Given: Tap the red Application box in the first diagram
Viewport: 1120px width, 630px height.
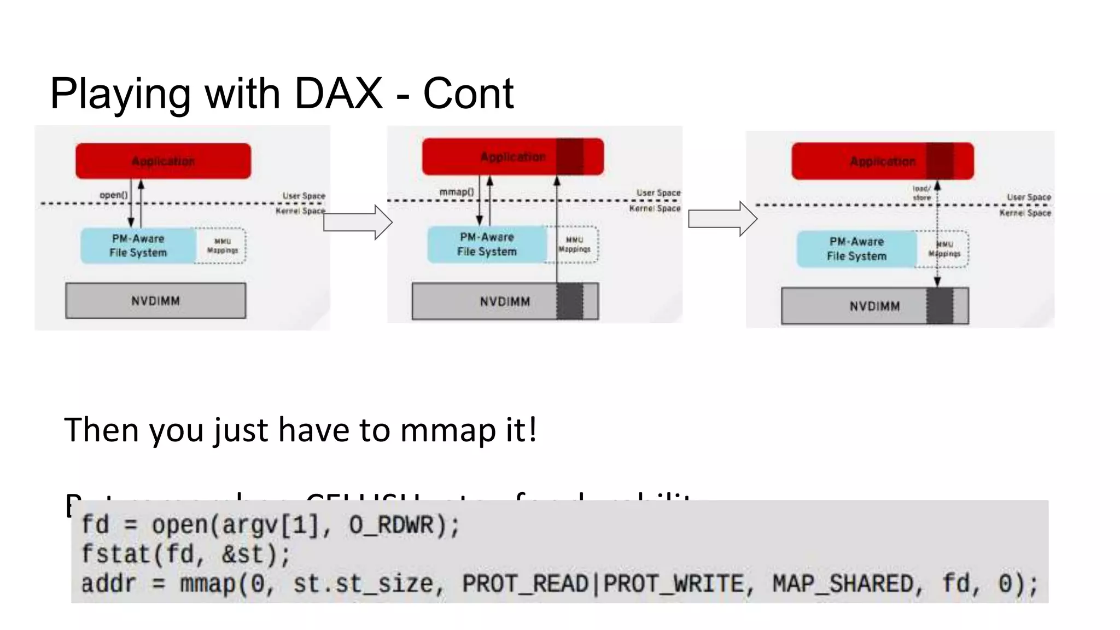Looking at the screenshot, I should (163, 161).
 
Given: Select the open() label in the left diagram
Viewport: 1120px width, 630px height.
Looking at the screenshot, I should (113, 195).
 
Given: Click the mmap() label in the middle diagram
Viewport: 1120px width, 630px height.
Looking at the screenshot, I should (457, 191).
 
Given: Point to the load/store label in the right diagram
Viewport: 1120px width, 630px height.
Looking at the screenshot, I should (921, 193).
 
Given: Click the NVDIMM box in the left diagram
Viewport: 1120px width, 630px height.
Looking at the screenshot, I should (155, 301).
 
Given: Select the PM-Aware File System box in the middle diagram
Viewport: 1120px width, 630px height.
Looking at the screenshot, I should (486, 244).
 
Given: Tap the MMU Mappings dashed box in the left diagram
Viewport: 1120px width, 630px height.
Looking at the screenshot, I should (222, 246).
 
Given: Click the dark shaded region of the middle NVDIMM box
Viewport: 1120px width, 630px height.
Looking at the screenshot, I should (569, 301).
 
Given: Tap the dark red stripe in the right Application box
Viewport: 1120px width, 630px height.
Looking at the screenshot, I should (940, 161).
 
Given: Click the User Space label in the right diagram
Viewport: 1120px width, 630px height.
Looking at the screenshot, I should (1029, 197).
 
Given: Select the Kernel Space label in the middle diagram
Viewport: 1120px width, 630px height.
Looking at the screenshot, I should (655, 208).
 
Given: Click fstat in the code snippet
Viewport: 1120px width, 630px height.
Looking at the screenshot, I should (115, 555).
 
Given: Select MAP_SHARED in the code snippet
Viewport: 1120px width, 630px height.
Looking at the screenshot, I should (843, 584).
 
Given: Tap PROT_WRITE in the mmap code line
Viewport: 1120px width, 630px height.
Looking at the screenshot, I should (672, 584).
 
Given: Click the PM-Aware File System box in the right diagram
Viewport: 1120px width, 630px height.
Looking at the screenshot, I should (856, 249).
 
